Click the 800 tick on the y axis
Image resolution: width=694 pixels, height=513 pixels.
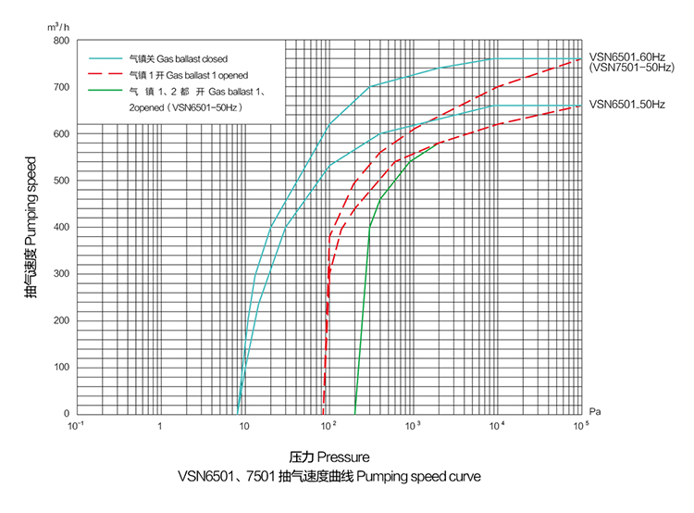(x=61, y=41)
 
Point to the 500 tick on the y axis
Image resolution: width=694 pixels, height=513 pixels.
(x=61, y=181)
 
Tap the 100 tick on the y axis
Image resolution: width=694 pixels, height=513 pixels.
(x=61, y=367)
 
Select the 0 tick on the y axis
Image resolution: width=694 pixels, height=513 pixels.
(x=66, y=413)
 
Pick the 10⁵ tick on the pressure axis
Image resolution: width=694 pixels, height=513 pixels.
(x=580, y=426)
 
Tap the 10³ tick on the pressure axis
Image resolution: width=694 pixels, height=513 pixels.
(x=413, y=426)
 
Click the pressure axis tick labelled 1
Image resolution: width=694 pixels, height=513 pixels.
(x=160, y=427)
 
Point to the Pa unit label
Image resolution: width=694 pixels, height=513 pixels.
(x=597, y=408)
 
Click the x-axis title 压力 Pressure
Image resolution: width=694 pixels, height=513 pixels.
(x=328, y=457)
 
